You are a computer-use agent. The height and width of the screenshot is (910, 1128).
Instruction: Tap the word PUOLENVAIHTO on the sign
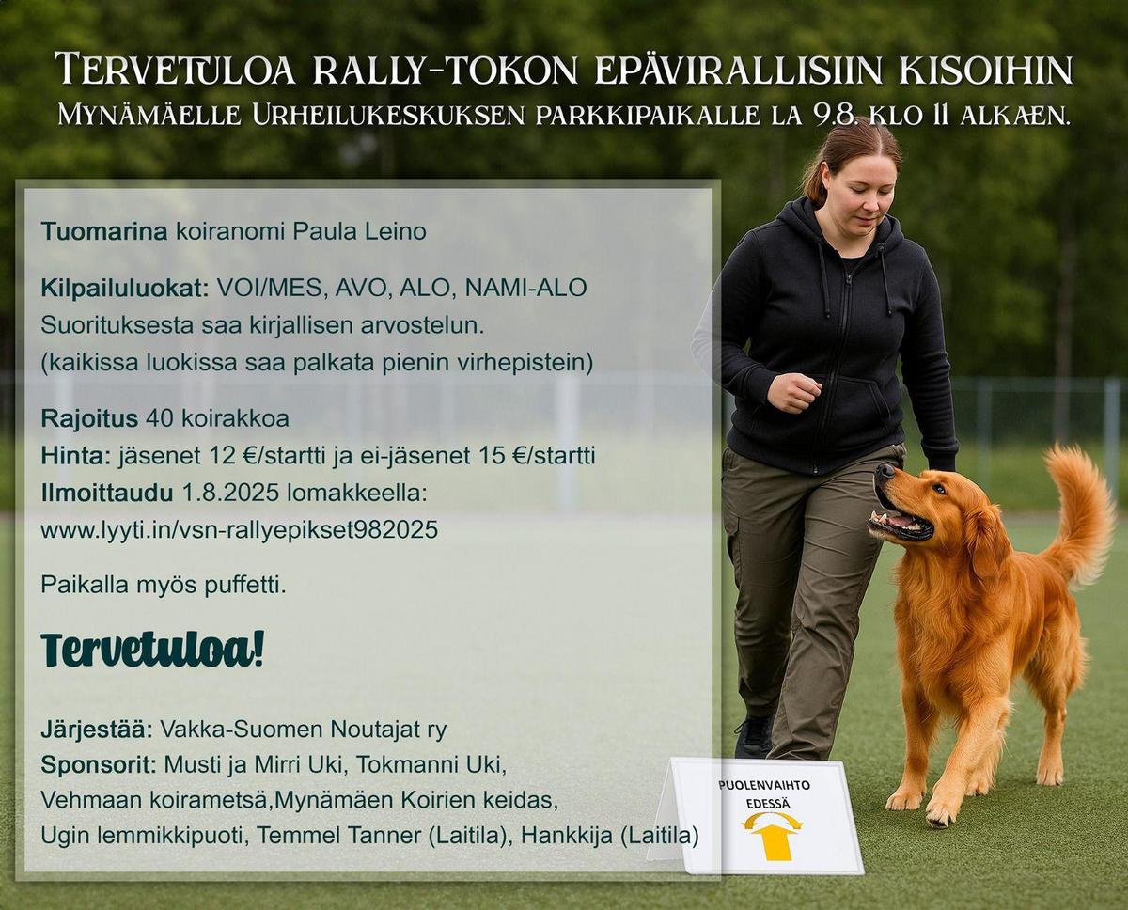[765, 785]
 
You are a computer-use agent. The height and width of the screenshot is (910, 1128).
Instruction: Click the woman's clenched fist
[793, 392]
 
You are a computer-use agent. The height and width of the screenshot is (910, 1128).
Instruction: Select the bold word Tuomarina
[104, 231]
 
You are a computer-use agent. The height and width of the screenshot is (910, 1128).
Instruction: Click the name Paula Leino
[359, 231]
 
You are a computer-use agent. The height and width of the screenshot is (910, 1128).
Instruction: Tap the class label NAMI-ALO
[525, 288]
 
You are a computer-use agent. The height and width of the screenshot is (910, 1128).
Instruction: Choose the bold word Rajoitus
[89, 418]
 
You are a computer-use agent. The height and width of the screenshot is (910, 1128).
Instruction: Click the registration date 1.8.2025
[231, 493]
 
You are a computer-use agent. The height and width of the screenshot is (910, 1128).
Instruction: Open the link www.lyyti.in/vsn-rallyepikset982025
[239, 530]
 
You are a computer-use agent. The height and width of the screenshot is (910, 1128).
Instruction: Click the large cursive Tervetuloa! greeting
[152, 650]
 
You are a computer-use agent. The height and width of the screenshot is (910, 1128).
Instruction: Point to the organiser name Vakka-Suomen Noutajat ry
[303, 729]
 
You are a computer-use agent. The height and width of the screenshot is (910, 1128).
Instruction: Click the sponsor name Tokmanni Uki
[431, 765]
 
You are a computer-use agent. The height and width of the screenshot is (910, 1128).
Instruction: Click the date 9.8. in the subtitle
[835, 116]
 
